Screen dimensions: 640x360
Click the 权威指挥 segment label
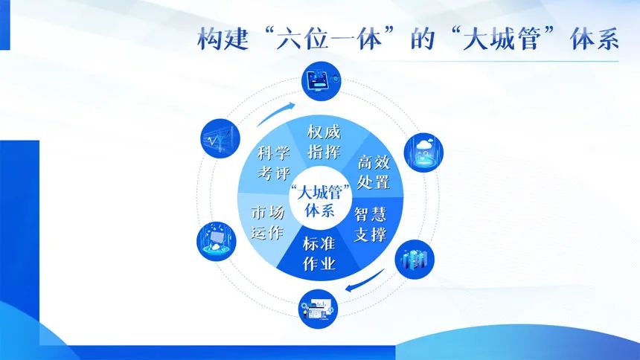(x=324, y=141)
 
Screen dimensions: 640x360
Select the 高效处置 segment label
(x=374, y=172)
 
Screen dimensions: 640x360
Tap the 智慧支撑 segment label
(x=370, y=224)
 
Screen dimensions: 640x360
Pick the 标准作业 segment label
(x=319, y=254)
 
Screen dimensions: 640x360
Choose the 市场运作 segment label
(x=268, y=222)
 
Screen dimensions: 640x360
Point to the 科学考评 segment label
(x=274, y=163)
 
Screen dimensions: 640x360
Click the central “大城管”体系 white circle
(x=321, y=198)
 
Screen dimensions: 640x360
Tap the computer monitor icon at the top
(x=321, y=81)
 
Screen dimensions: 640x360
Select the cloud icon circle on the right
(x=423, y=152)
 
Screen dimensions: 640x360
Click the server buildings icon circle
(x=415, y=260)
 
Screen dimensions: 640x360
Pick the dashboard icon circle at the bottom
(x=318, y=309)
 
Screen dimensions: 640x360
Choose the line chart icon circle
(x=220, y=138)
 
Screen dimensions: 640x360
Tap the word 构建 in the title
(x=223, y=39)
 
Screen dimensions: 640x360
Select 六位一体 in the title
(x=329, y=39)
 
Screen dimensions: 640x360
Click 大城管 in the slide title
(x=502, y=39)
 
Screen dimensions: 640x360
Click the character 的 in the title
(x=423, y=39)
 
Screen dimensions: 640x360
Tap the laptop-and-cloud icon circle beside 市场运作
(x=217, y=241)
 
